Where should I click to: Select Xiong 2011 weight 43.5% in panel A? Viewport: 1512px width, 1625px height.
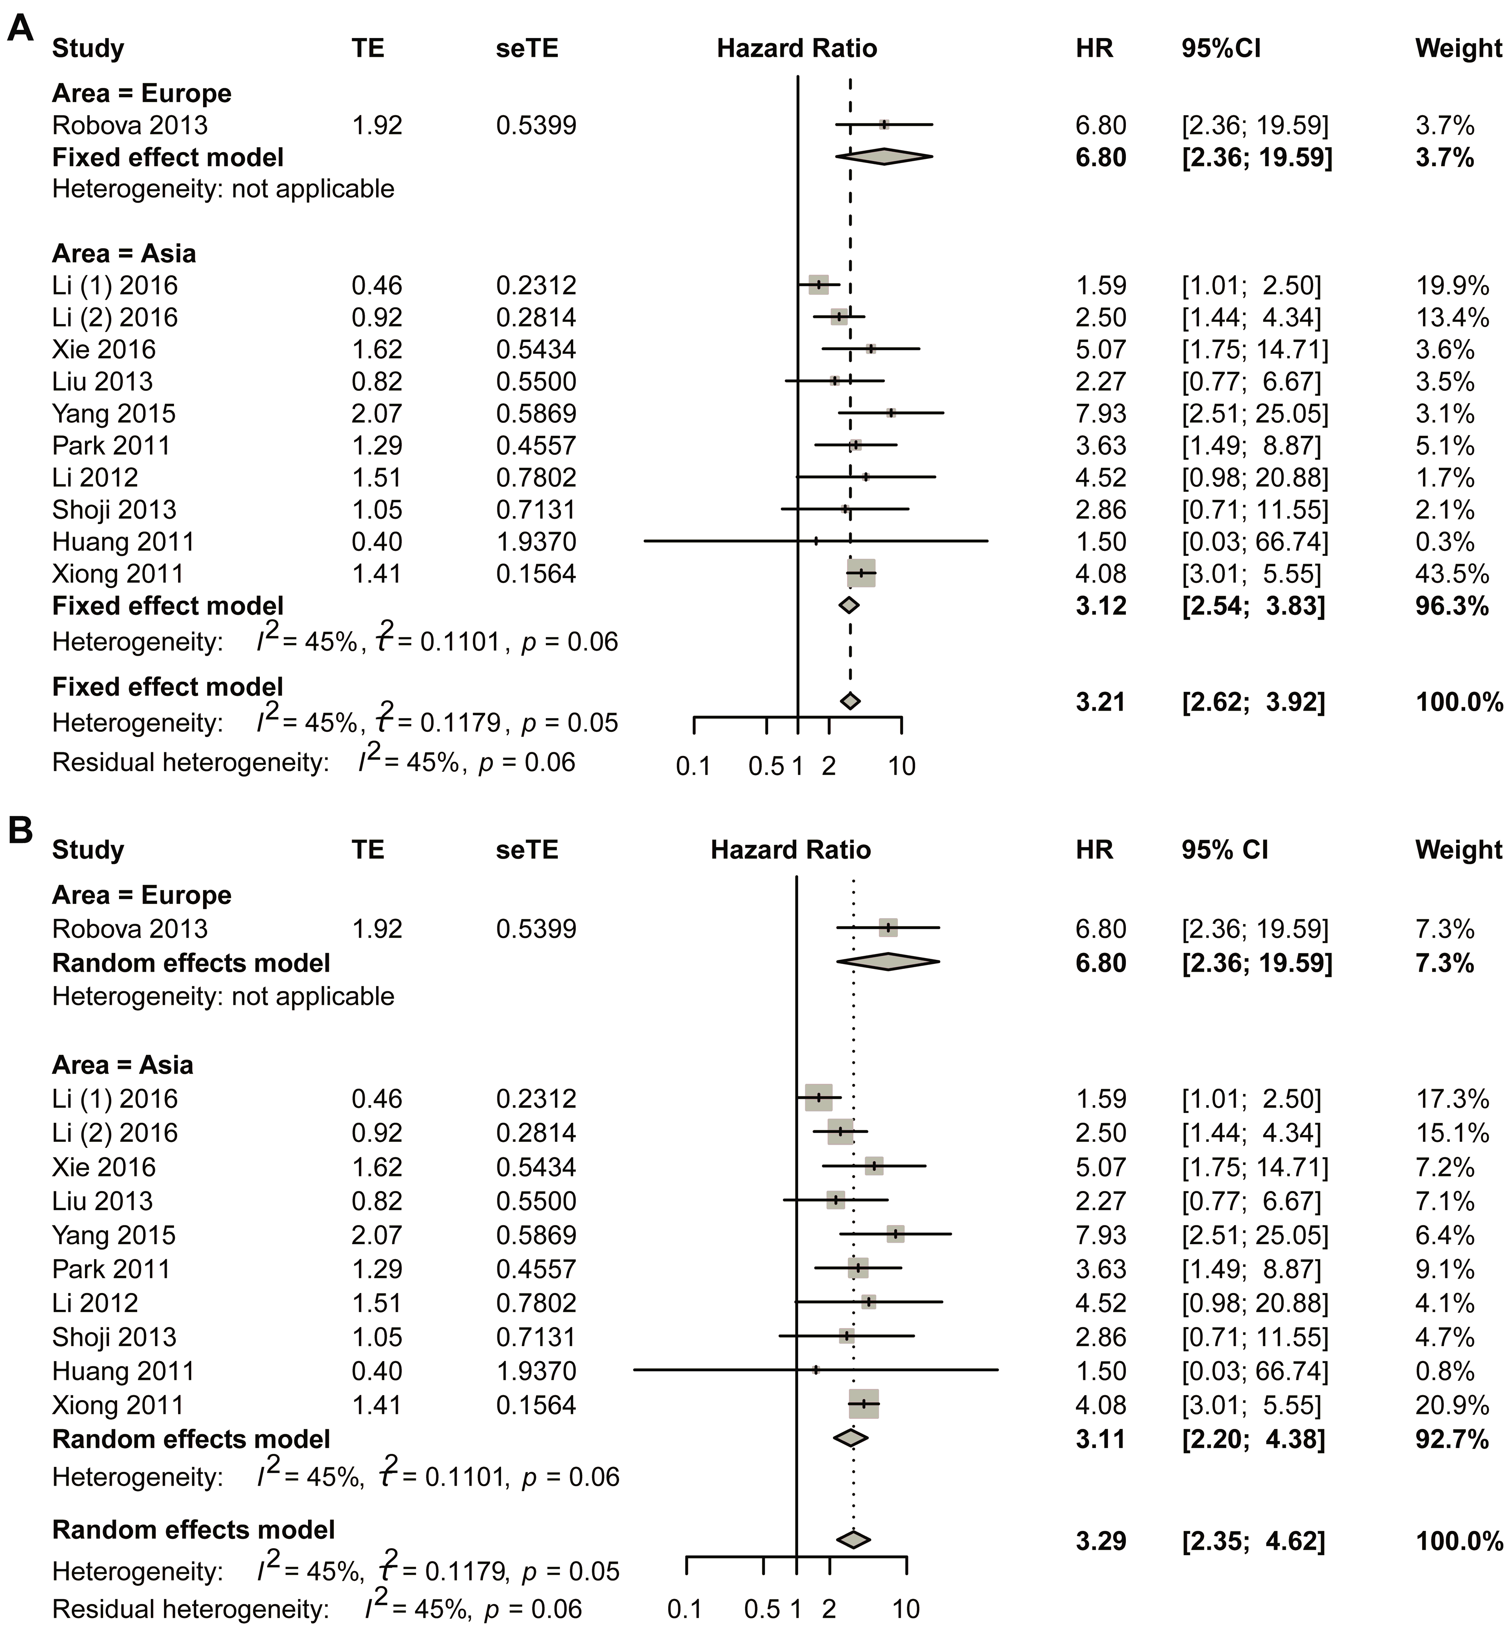tap(1452, 574)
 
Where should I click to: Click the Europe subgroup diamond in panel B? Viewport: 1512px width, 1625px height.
tap(888, 963)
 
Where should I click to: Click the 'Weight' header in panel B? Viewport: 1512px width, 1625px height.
tap(1458, 850)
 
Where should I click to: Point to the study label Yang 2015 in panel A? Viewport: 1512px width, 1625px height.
tap(114, 414)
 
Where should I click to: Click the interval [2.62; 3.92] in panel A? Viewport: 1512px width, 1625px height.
tap(1253, 702)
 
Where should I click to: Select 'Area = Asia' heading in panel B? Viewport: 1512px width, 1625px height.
tap(123, 1065)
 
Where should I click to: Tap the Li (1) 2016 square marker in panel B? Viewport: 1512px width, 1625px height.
tap(818, 1098)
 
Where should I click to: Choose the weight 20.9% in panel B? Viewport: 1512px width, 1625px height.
tap(1452, 1405)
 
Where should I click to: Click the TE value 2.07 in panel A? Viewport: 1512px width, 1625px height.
tap(377, 414)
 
